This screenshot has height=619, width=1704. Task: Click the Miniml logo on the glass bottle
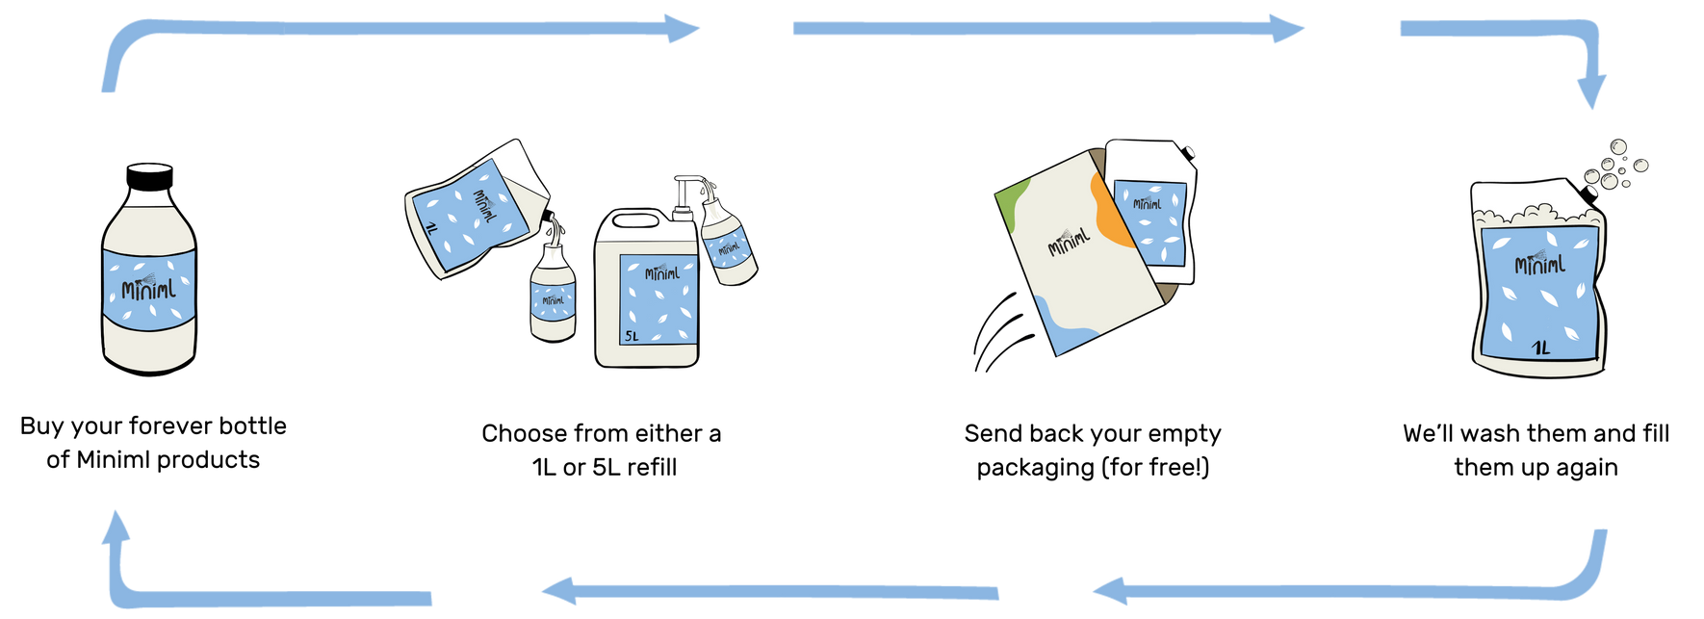149,288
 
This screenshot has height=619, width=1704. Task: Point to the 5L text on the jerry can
632,337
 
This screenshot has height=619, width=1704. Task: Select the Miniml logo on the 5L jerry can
661,273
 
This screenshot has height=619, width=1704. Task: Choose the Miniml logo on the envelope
1069,242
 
